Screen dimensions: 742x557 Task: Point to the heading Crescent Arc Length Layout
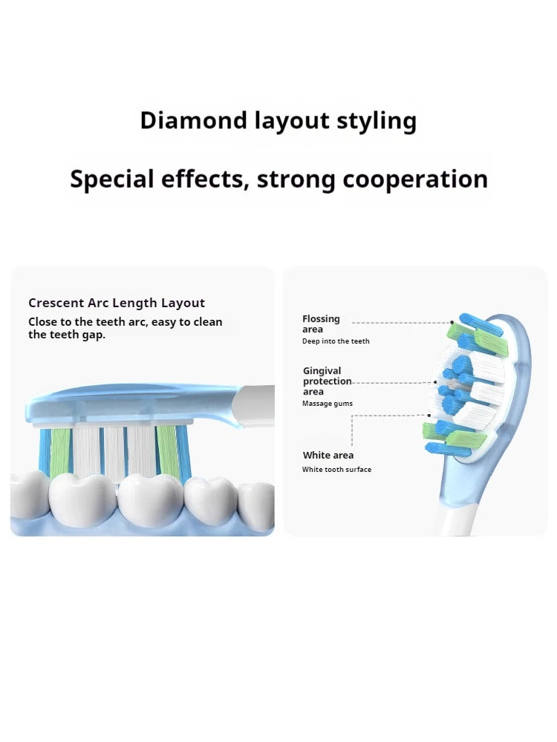117,303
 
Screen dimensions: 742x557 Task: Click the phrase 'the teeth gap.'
67,335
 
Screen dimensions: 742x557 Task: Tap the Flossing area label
321,324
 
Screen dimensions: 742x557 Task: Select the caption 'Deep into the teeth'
336,341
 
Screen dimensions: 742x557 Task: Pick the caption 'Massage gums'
328,404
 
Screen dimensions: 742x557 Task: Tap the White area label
328,455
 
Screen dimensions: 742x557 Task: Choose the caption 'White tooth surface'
336,470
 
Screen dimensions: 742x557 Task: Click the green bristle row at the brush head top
481,338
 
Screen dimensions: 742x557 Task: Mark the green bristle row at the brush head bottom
455,438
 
